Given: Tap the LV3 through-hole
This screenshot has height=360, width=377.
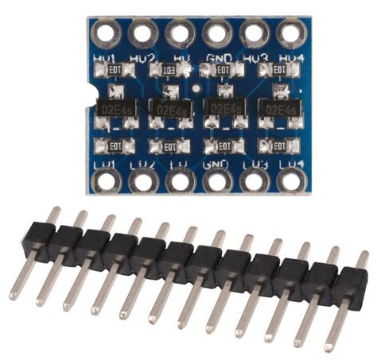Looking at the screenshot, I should point(255,180).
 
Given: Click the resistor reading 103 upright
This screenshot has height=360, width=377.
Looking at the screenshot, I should point(168,72).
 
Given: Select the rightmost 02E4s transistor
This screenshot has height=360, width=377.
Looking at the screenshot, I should point(279,109).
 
